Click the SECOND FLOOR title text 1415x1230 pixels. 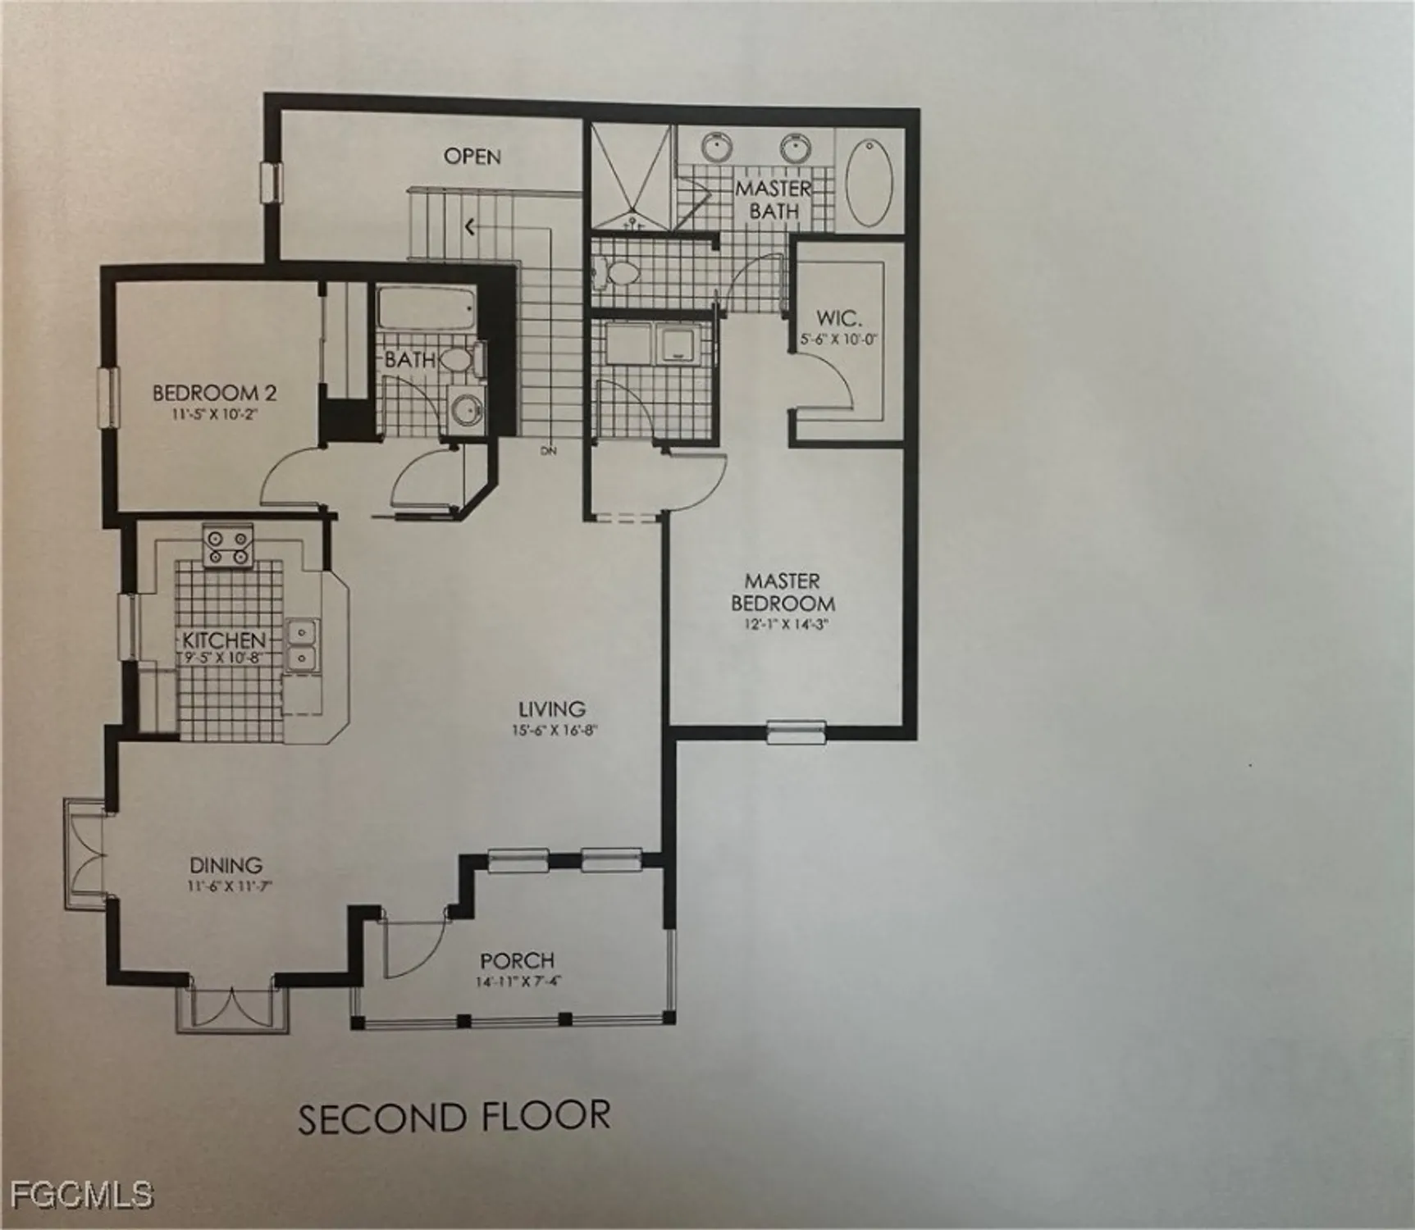coord(454,1118)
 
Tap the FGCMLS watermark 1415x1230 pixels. coord(76,1193)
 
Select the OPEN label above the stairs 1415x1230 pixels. coord(472,156)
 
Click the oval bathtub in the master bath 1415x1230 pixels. coord(870,183)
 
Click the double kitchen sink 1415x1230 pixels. coord(302,645)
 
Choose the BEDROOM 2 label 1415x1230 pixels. coord(215,393)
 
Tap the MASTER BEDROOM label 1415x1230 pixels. coord(783,592)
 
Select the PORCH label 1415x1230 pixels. coord(517,960)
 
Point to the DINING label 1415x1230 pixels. coord(226,865)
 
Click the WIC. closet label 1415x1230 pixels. coord(838,318)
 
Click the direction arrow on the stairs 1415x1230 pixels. coord(469,225)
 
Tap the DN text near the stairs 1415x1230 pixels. coord(548,451)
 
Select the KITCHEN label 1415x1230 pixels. coord(224,640)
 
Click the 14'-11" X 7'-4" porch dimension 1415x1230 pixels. coord(518,982)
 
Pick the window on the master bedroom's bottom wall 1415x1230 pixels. coord(796,731)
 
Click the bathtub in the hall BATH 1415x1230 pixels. coord(426,310)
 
